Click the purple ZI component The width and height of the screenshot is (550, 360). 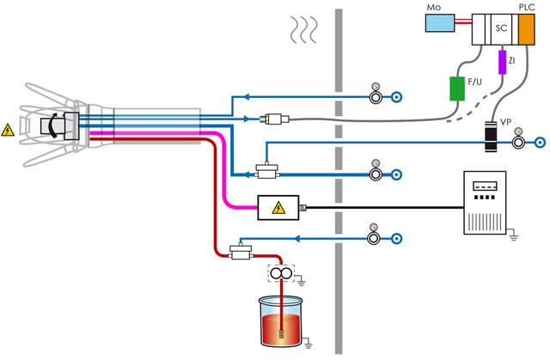coord(503,62)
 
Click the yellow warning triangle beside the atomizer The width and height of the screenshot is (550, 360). coord(9,131)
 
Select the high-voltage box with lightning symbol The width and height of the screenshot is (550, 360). coord(278,207)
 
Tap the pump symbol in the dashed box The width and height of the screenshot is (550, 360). coord(278,274)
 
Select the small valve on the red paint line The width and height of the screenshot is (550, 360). coord(241,250)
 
